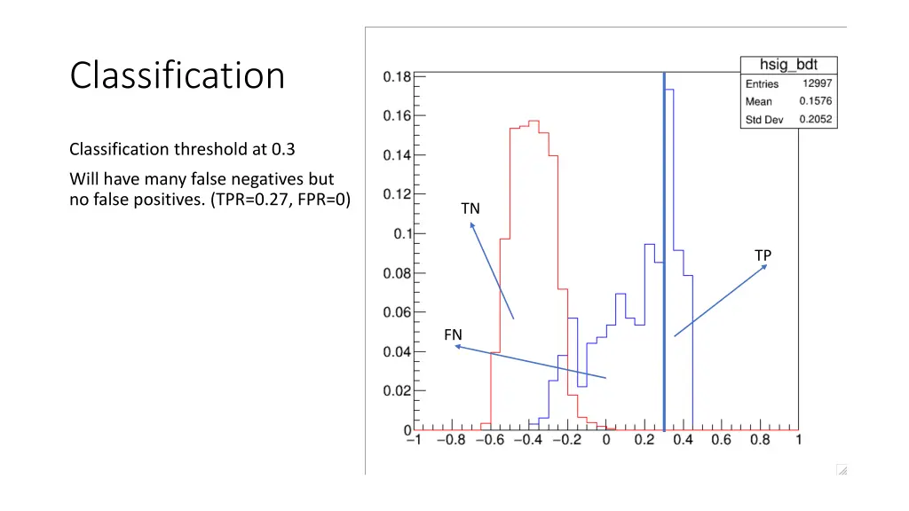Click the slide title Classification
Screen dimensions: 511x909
click(178, 75)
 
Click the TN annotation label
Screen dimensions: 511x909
click(470, 208)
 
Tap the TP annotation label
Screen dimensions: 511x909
click(763, 255)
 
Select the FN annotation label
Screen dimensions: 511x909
click(453, 334)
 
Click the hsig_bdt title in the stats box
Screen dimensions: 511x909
click(789, 66)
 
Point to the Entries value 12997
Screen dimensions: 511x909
click(816, 83)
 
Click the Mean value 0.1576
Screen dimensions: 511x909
click(816, 101)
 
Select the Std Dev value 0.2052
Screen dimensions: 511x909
click(816, 120)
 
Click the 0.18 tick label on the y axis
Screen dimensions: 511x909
click(397, 76)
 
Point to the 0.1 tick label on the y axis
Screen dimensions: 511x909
click(402, 234)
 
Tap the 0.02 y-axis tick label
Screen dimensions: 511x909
click(397, 390)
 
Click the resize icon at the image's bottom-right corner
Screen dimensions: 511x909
click(842, 469)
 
